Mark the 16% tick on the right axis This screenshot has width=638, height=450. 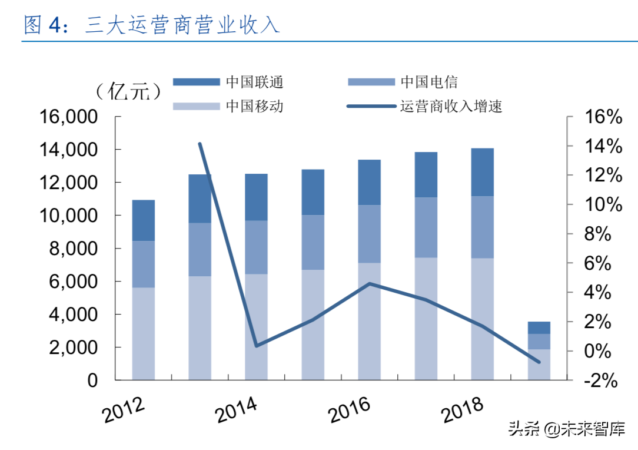click(x=601, y=117)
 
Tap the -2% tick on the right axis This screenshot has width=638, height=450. click(x=600, y=380)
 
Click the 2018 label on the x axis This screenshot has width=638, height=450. click(x=463, y=410)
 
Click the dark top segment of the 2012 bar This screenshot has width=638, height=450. click(x=143, y=220)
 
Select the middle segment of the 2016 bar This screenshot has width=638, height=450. click(x=370, y=234)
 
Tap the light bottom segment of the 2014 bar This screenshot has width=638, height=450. click(x=257, y=327)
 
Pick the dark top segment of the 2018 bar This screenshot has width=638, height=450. click(x=483, y=172)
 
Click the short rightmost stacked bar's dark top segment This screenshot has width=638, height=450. click(x=539, y=327)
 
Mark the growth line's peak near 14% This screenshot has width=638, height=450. click(x=200, y=144)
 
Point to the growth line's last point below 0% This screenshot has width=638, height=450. click(x=539, y=362)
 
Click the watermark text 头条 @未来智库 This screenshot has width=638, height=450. click(x=567, y=428)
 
